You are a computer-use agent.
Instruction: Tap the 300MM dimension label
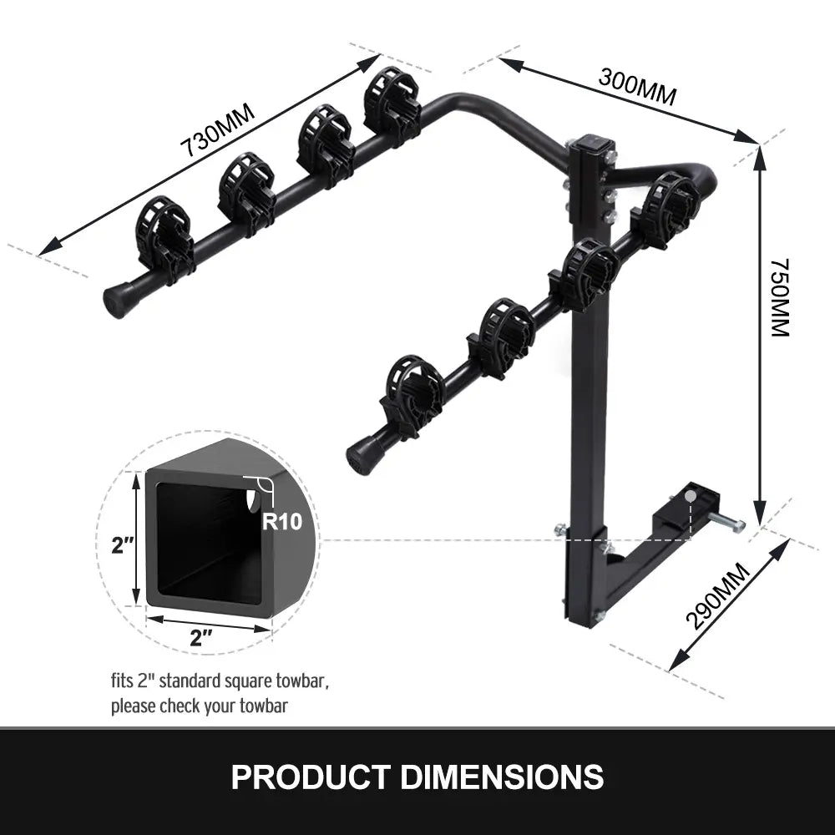[636, 84]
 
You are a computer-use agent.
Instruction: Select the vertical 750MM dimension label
[778, 297]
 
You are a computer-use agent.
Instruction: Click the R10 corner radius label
[281, 522]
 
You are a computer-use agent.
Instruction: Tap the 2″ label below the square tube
[201, 639]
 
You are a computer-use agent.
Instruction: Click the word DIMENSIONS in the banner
[503, 777]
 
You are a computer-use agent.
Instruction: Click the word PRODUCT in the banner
[310, 777]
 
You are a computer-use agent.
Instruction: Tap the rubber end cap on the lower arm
[362, 456]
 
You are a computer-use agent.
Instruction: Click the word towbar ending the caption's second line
[265, 706]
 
